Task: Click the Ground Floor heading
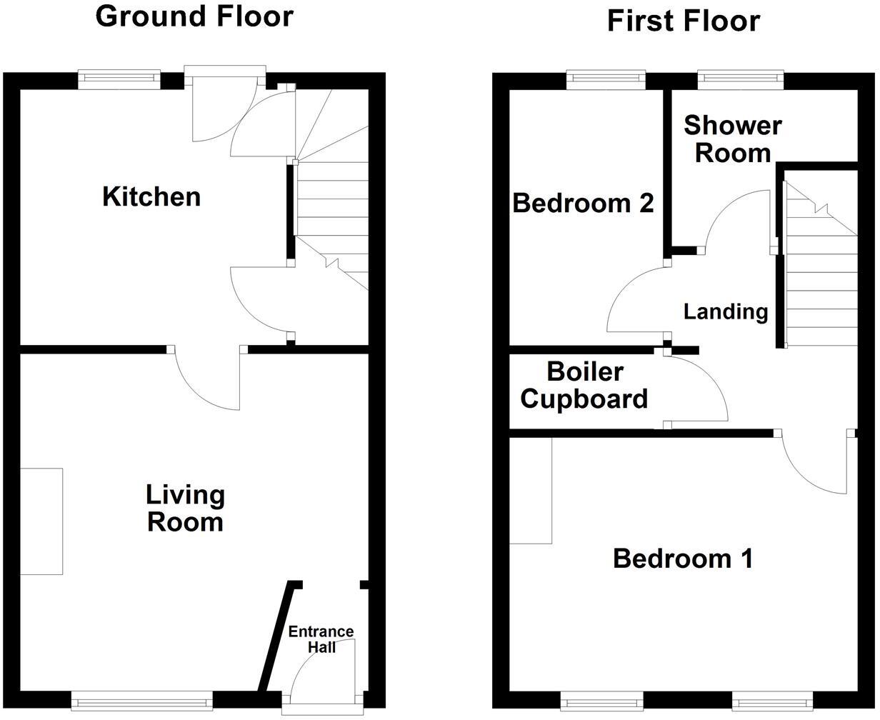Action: pyautogui.click(x=194, y=16)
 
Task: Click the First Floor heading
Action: pyautogui.click(x=683, y=21)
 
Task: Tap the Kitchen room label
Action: pyautogui.click(x=151, y=196)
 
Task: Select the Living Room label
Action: pyautogui.click(x=185, y=508)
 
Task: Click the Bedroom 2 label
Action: pyautogui.click(x=583, y=204)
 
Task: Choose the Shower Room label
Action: pyautogui.click(x=732, y=139)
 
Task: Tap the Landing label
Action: pyautogui.click(x=726, y=311)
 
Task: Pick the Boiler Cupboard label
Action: pyautogui.click(x=584, y=386)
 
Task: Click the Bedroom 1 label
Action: pyautogui.click(x=683, y=559)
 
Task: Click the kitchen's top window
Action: pyautogui.click(x=119, y=79)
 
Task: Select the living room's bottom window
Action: pyautogui.click(x=142, y=701)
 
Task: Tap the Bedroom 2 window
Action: pyautogui.click(x=606, y=79)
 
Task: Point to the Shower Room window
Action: pyautogui.click(x=736, y=79)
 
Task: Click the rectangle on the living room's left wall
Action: pyautogui.click(x=41, y=521)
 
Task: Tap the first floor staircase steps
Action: pyautogui.click(x=821, y=286)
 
